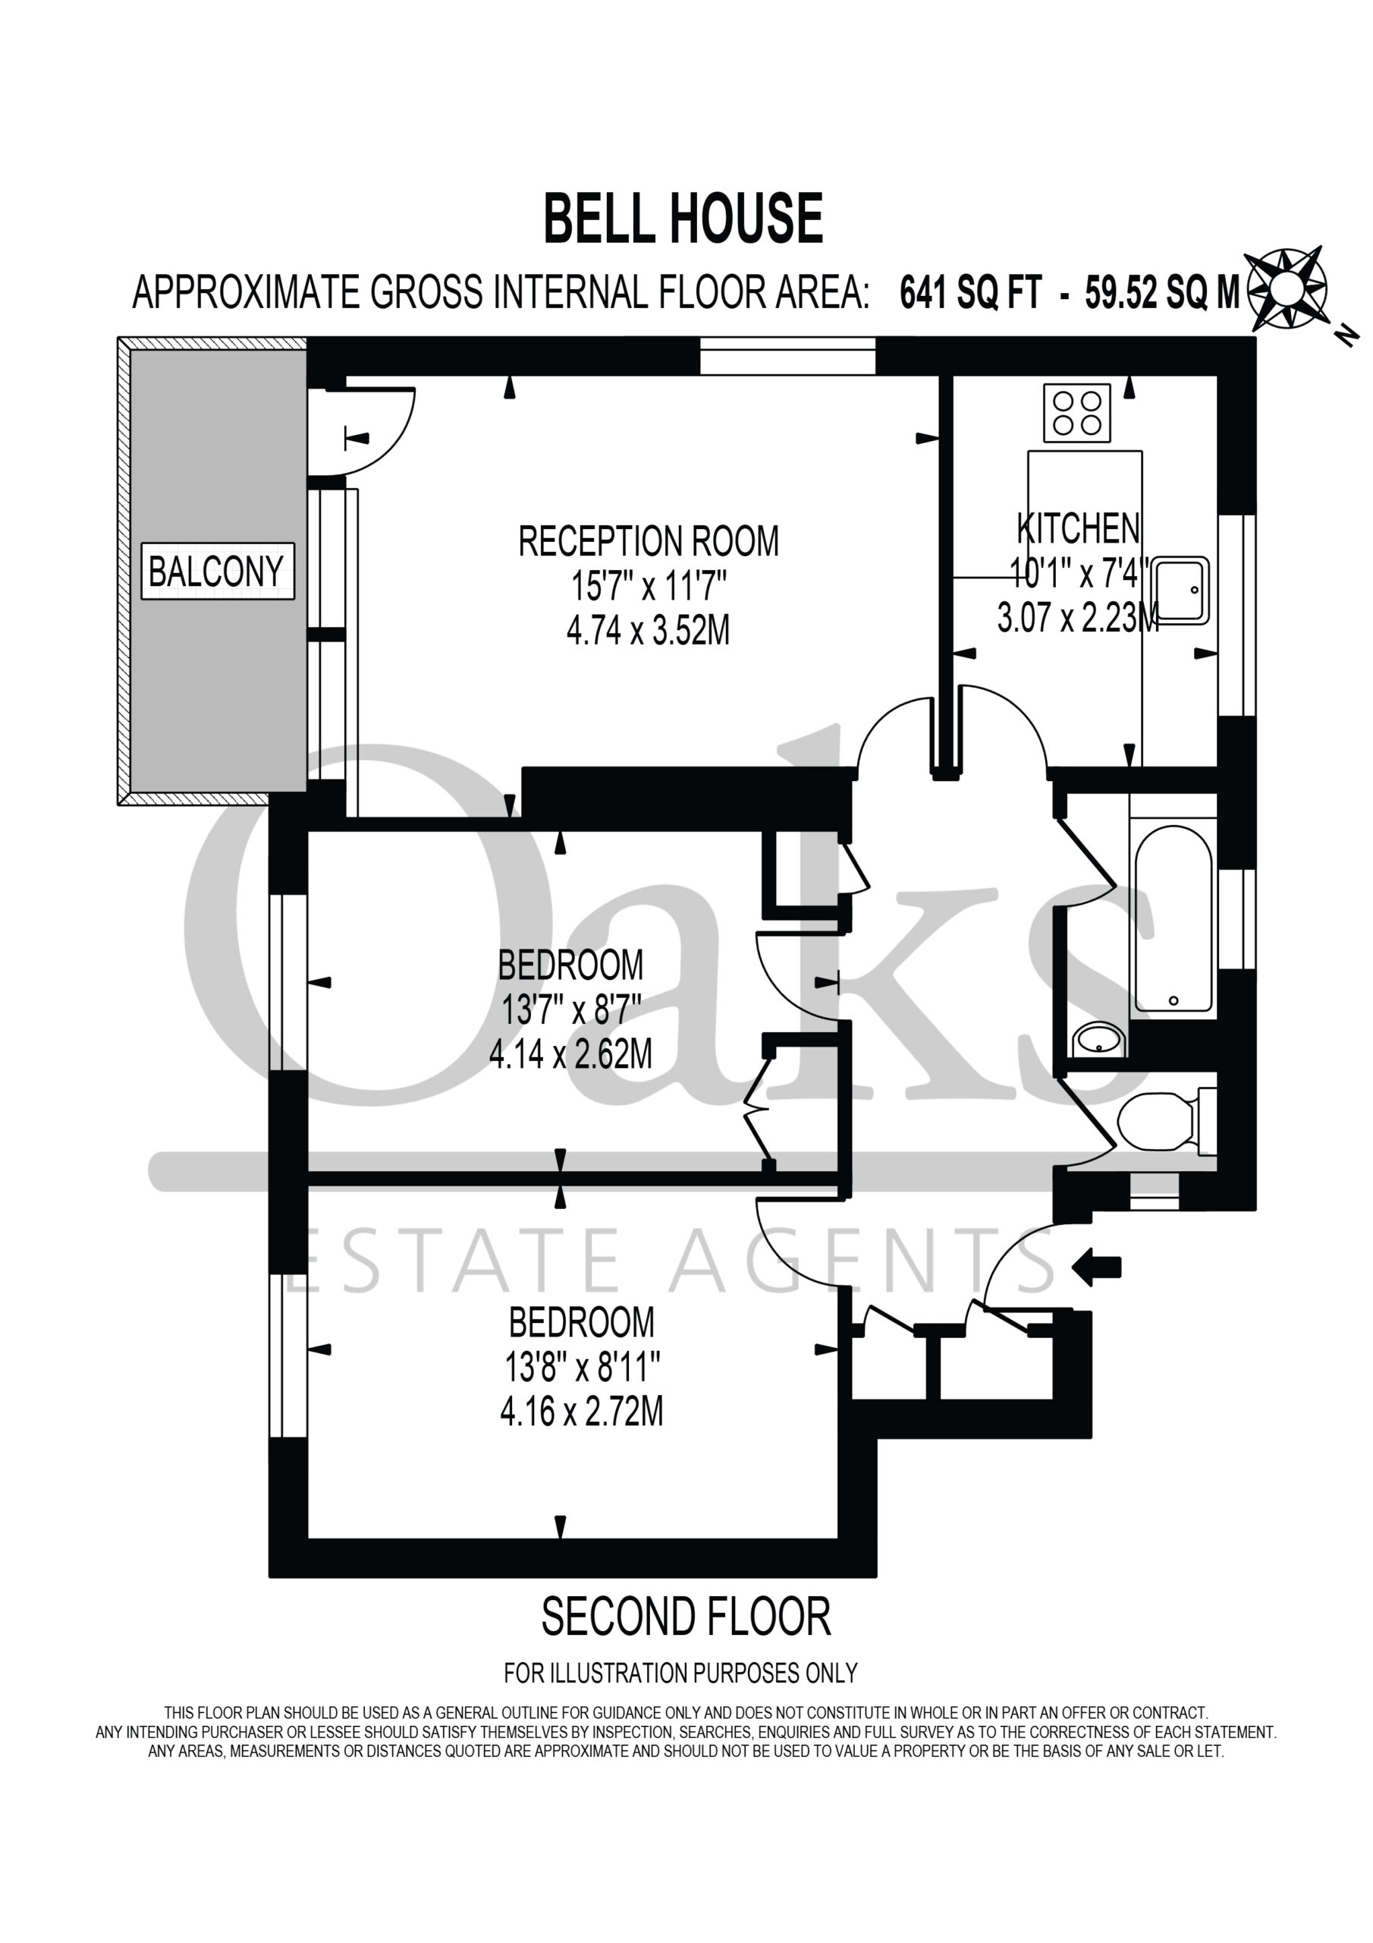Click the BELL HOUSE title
[x=683, y=219]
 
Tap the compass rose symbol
[x=1287, y=288]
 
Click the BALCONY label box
[x=218, y=572]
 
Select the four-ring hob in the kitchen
[x=1077, y=412]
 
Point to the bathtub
[x=1173, y=918]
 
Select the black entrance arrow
[x=1096, y=1267]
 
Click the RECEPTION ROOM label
[x=648, y=542]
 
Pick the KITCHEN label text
[x=1078, y=529]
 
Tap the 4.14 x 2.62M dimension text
[x=570, y=1054]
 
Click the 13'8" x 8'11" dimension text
[x=582, y=1366]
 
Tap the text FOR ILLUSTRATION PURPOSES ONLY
[x=681, y=1686]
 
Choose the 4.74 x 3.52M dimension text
[x=648, y=631]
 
